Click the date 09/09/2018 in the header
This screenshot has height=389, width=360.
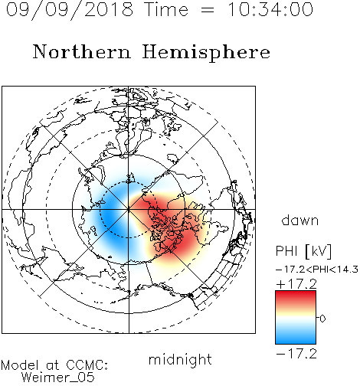point(69,10)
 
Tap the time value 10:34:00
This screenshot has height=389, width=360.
point(270,9)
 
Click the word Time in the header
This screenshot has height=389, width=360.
point(166,9)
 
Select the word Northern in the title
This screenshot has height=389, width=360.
point(82,52)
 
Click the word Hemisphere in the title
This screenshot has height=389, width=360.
point(206,53)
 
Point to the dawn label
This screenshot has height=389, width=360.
point(300,220)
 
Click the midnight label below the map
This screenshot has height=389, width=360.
point(180,360)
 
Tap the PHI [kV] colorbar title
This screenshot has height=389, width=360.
point(303,251)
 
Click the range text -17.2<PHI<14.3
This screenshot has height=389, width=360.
point(317,270)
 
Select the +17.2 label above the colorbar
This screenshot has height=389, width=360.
point(296,284)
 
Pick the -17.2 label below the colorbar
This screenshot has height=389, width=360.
point(296,354)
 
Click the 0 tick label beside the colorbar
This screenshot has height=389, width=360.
point(322,319)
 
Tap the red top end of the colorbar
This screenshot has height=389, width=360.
point(296,294)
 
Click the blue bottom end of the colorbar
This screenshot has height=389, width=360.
point(296,341)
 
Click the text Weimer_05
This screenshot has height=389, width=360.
point(58,378)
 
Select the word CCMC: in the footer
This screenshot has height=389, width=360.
point(87,365)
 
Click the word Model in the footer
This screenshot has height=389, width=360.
point(20,365)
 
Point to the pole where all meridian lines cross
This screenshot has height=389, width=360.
point(129,210)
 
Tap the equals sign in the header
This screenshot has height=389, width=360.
point(208,11)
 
